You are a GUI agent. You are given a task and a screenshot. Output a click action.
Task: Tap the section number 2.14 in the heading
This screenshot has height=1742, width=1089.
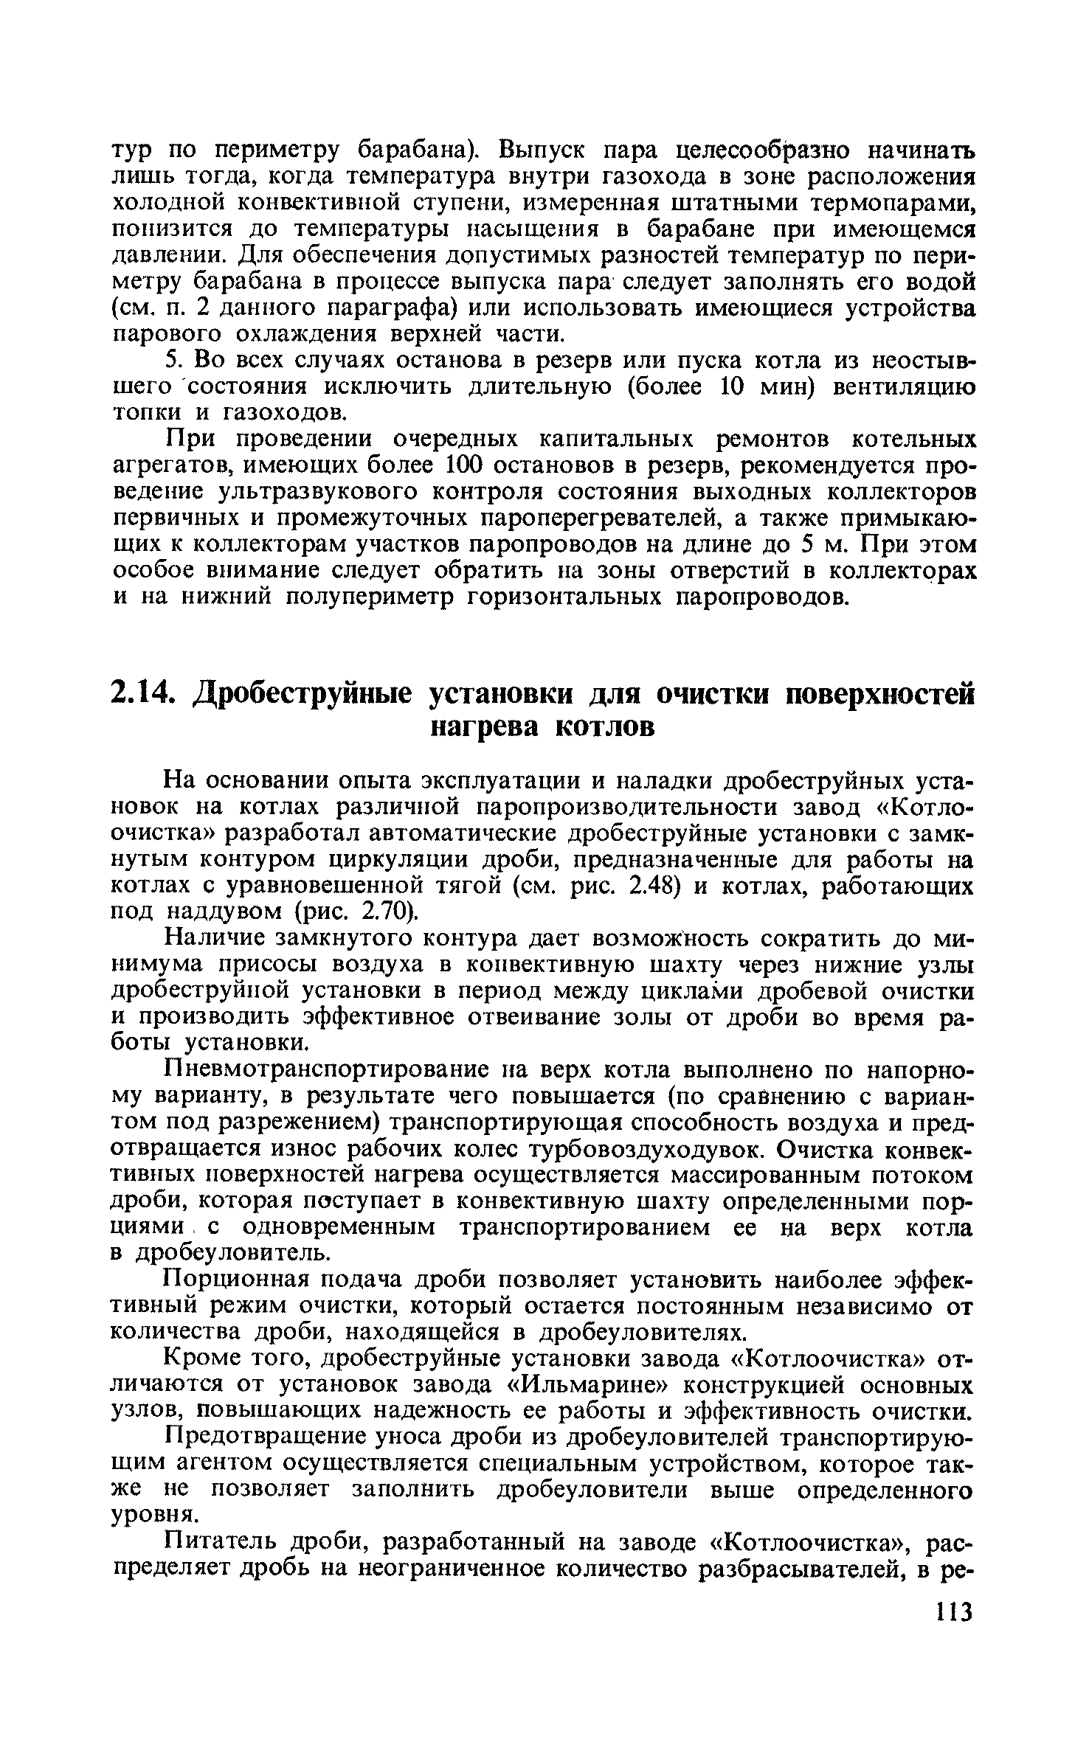[145, 695]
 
